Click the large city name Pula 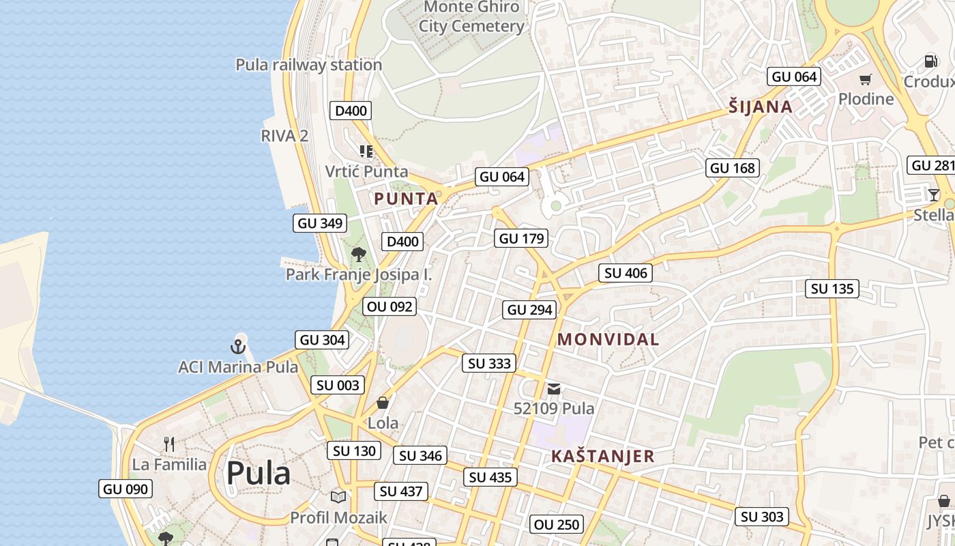(x=258, y=473)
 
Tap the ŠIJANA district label (x=761, y=106)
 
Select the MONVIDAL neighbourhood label (x=608, y=339)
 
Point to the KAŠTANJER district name (x=602, y=457)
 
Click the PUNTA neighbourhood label (x=406, y=199)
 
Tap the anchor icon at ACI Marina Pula (x=238, y=347)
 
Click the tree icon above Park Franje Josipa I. (x=358, y=255)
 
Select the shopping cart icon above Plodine (x=866, y=79)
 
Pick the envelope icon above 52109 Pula (x=554, y=389)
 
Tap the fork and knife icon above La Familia (x=169, y=445)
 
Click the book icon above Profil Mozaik (x=338, y=497)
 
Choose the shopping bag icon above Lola (x=383, y=403)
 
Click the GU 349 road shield (x=320, y=223)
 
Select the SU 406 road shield (x=626, y=273)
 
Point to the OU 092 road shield (x=390, y=306)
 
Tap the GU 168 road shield (x=733, y=168)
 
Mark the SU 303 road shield (x=762, y=517)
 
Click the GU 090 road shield (x=126, y=489)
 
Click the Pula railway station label (x=308, y=65)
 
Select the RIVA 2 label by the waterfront (x=284, y=135)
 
